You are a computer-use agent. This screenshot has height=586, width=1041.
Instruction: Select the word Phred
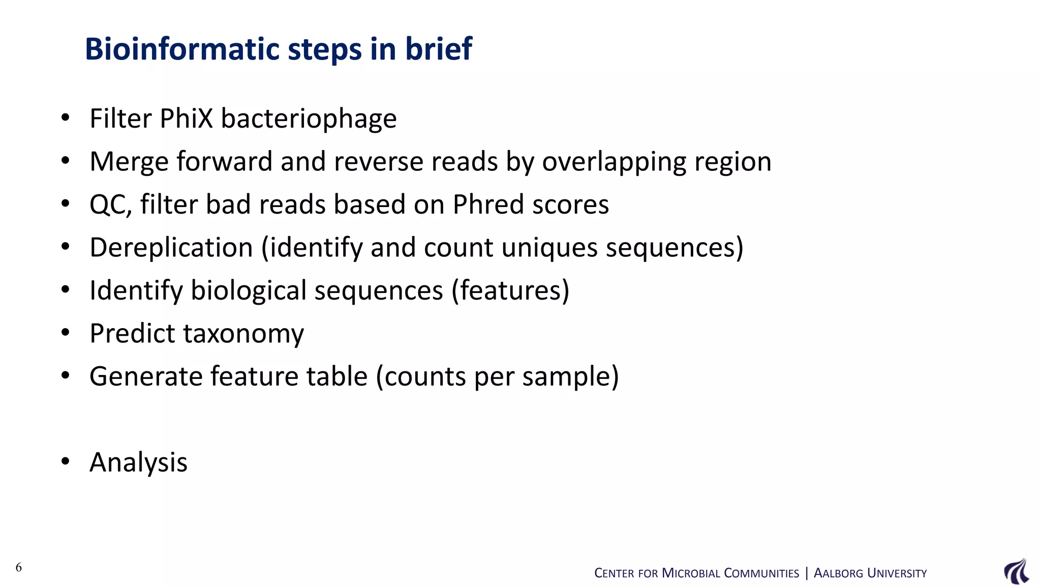(x=488, y=204)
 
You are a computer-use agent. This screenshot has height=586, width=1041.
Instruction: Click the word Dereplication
(x=171, y=248)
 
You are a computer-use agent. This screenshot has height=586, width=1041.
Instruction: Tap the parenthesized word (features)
(x=510, y=290)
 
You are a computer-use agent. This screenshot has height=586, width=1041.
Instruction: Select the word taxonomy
(x=243, y=334)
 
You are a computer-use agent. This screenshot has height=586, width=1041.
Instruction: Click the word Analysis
(x=138, y=462)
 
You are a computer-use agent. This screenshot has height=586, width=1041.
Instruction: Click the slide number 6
(x=19, y=567)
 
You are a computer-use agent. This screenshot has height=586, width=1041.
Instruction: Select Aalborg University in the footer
(x=870, y=573)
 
